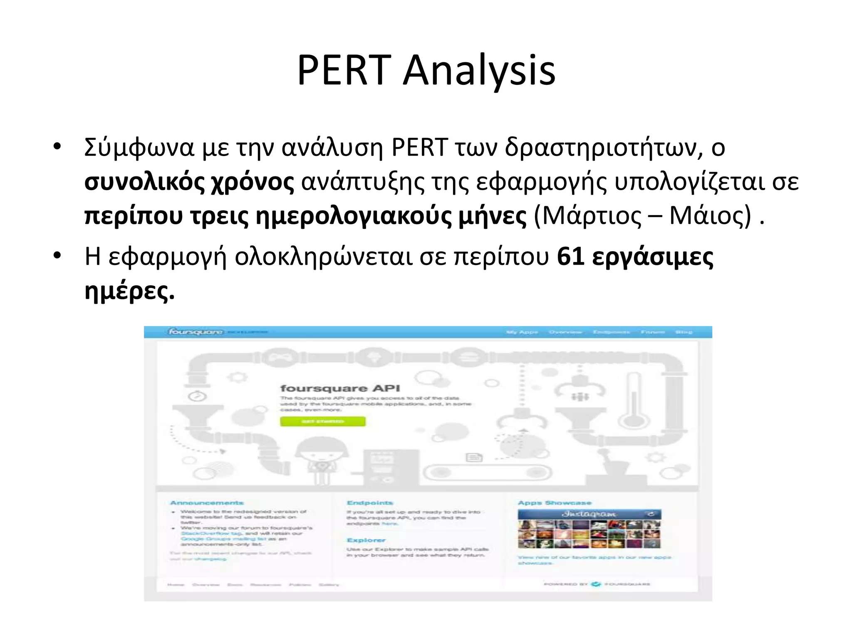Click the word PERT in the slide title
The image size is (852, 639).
pos(343,71)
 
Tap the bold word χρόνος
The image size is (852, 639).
pos(253,182)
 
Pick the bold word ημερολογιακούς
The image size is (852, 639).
pos(353,216)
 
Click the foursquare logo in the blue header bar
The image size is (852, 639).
pos(196,332)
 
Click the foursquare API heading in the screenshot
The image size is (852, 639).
pos(340,388)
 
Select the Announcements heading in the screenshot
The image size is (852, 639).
pos(207,503)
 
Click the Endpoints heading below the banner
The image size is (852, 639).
pos(369,503)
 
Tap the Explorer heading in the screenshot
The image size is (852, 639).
pos(366,540)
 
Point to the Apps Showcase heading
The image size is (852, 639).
pos(554,503)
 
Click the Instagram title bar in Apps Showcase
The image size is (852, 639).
pos(589,514)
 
